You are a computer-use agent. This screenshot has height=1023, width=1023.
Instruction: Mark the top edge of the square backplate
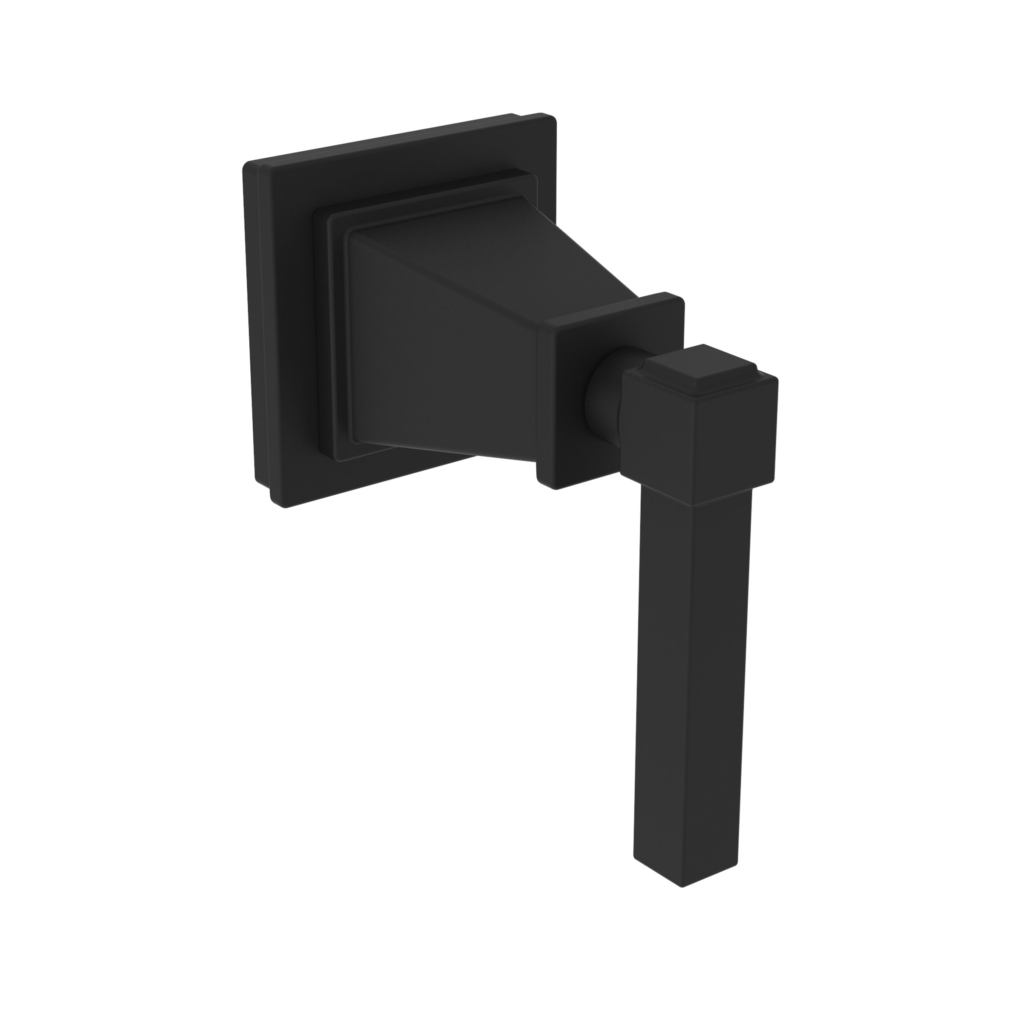397,141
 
